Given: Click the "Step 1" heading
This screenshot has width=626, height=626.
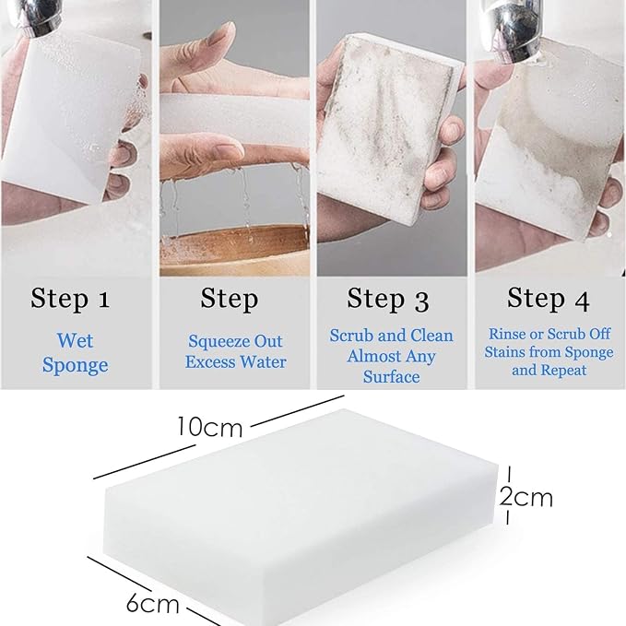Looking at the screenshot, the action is tap(70, 299).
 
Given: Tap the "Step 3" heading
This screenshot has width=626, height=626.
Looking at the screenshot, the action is tap(388, 299).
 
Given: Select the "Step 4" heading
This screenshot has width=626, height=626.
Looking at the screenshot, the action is tap(549, 299).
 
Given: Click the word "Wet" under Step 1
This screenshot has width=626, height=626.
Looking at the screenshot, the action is tap(75, 340).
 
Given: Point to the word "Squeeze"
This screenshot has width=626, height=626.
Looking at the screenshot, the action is tap(219, 342).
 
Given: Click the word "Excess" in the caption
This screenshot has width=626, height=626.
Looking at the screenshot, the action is tap(210, 362).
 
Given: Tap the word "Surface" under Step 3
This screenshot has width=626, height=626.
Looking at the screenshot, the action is tap(391, 377).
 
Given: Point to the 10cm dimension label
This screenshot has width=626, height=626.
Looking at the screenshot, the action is tap(210, 427).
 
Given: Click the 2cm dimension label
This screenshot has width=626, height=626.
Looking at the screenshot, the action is tap(526, 498).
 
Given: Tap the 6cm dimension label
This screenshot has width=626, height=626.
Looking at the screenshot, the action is tap(152, 604).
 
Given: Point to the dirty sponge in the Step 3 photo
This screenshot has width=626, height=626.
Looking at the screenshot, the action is tap(389, 128).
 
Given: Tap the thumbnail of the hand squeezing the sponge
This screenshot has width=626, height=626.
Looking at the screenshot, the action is tap(235, 138).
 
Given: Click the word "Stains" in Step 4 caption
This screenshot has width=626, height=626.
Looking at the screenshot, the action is tap(502, 352).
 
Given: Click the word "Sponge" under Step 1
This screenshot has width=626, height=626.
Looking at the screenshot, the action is tap(75, 365).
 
